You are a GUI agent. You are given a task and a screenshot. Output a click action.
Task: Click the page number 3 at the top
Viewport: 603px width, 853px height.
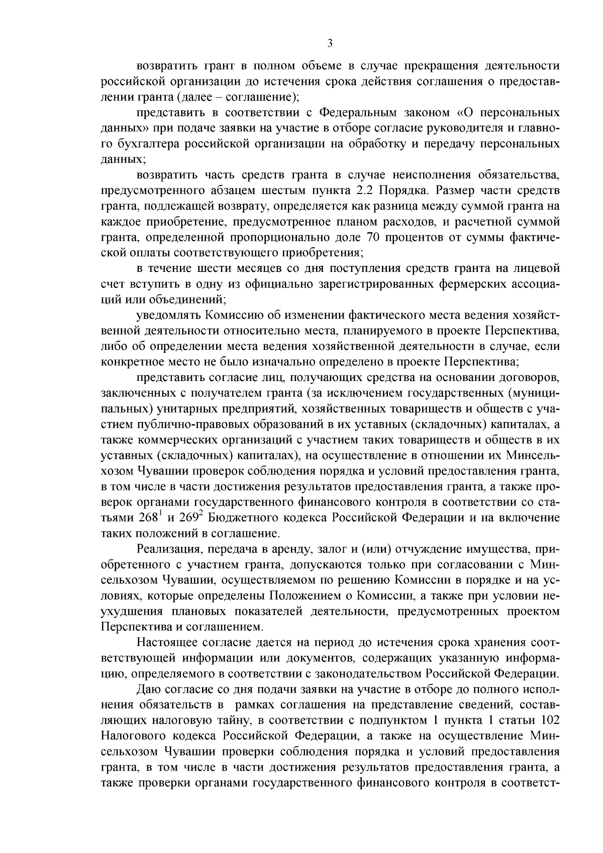pyautogui.click(x=330, y=43)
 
